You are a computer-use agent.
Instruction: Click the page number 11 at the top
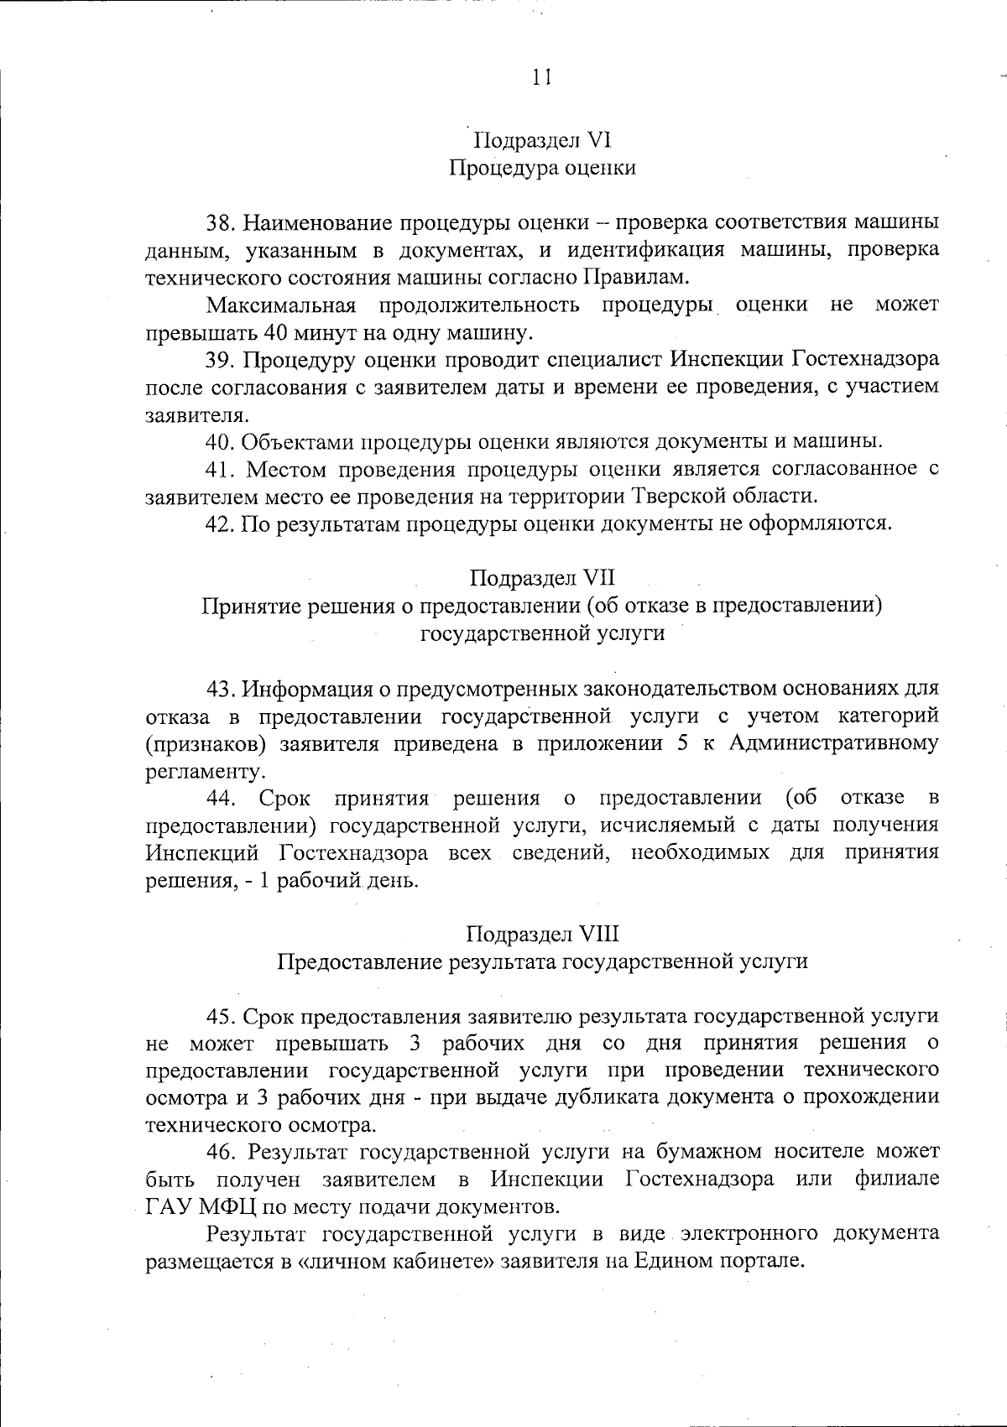point(541,77)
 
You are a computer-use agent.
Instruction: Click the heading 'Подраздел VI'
point(542,139)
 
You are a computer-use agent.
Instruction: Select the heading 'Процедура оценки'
point(542,168)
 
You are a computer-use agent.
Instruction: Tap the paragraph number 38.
point(224,223)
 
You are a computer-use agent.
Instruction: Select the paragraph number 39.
point(224,360)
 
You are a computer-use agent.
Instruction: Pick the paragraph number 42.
point(224,523)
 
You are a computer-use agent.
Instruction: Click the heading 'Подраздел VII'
point(542,578)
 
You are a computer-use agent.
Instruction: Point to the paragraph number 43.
point(224,689)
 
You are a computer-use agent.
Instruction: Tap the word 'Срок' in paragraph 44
point(284,797)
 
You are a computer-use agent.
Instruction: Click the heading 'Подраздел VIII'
point(542,934)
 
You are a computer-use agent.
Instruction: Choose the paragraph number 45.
point(224,1016)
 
